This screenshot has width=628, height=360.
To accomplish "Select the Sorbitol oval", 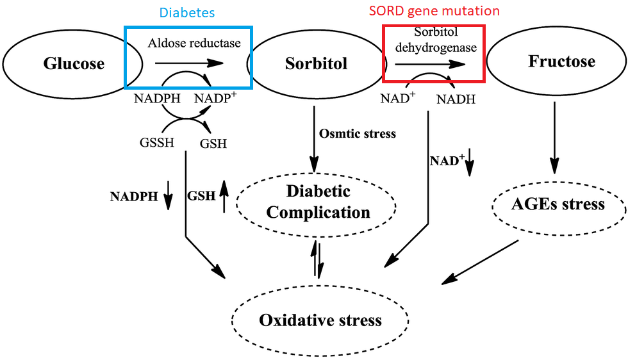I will (x=316, y=63).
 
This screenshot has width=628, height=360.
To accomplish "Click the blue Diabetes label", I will (x=188, y=13).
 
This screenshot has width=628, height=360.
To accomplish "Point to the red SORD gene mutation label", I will (x=434, y=11).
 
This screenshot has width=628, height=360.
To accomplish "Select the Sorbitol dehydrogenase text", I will (x=436, y=40).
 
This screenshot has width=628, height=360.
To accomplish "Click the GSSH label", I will (x=156, y=143).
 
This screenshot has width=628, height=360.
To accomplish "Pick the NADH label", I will (x=456, y=99).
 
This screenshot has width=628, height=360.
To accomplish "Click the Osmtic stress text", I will (x=358, y=134).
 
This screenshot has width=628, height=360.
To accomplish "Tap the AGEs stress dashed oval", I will (x=558, y=204).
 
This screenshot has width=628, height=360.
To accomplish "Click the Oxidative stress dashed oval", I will (x=320, y=320).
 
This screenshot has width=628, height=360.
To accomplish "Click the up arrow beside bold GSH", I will (x=224, y=195).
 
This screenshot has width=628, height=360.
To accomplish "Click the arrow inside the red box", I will (x=430, y=65).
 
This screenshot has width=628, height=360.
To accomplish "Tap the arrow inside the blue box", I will (x=188, y=63).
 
